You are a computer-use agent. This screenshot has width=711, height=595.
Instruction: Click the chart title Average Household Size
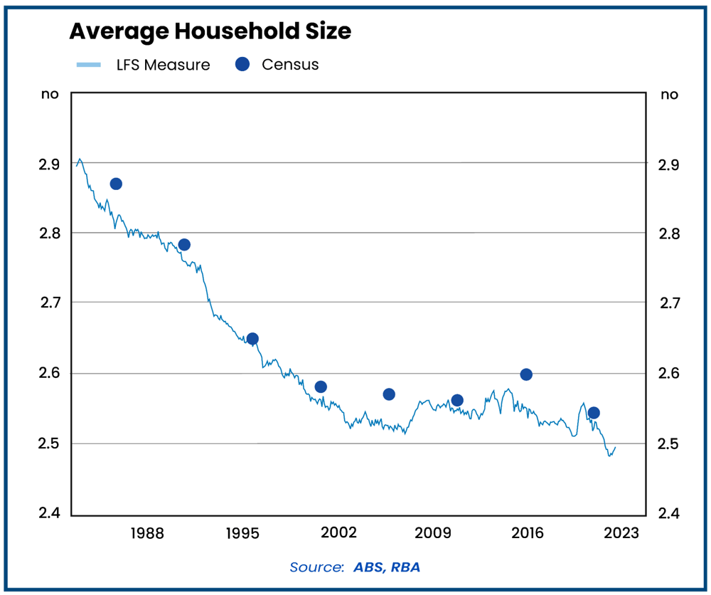pos(210,31)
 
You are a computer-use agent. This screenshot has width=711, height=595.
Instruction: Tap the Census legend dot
pos(243,64)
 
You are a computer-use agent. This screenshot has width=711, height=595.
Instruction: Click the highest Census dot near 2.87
pos(116,184)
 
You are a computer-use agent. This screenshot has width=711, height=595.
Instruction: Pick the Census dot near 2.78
pos(184,245)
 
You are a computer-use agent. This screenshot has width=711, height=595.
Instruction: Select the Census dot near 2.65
pos(252,339)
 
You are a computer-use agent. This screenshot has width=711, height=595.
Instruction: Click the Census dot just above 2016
pos(526,374)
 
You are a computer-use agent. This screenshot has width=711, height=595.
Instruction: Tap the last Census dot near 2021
pos(594,413)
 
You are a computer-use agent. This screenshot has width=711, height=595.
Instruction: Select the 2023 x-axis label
pos(621,534)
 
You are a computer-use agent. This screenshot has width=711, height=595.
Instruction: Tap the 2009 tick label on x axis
pos(433,534)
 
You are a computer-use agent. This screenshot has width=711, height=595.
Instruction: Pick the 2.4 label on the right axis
pos(669,514)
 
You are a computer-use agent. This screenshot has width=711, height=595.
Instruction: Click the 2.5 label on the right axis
pos(669,444)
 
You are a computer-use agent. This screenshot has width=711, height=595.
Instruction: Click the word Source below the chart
pos(316,567)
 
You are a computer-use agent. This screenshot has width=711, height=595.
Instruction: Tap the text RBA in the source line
pos(413,567)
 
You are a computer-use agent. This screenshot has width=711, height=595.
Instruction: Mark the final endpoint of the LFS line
pos(615,448)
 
